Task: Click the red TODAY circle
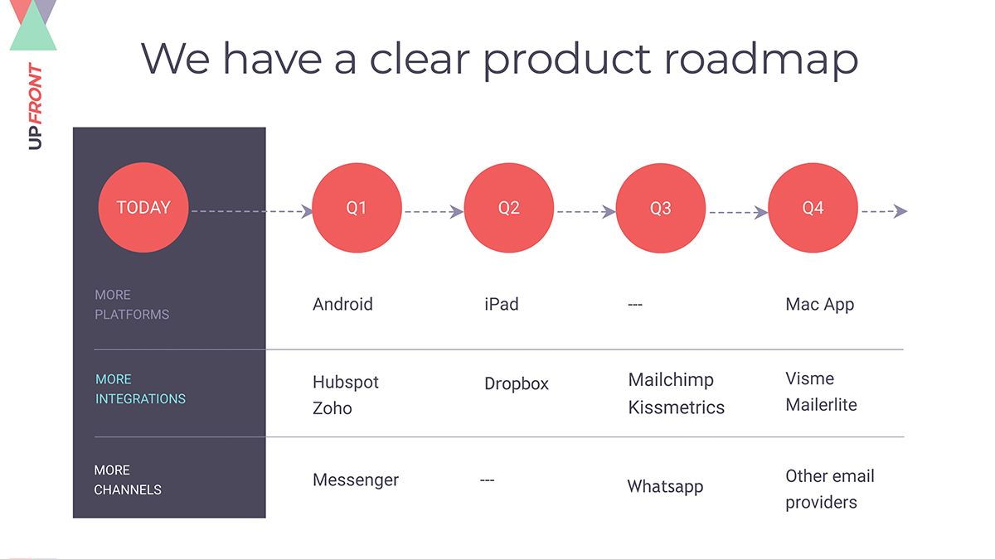[143, 208]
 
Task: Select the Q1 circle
[357, 208]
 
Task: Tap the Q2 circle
[508, 208]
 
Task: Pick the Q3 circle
[660, 208]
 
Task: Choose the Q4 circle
[813, 208]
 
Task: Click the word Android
[342, 304]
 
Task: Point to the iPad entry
[501, 304]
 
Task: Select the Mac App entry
[819, 304]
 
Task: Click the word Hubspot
[345, 382]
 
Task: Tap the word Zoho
[332, 408]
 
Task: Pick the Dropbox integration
[516, 384]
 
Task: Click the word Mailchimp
[671, 380]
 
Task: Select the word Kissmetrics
[676, 407]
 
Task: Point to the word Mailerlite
[821, 405]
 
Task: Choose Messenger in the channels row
[355, 479]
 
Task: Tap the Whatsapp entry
[665, 486]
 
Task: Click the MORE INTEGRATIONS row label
[139, 389]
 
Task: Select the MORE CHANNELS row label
[127, 479]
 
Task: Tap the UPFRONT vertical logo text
[35, 107]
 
